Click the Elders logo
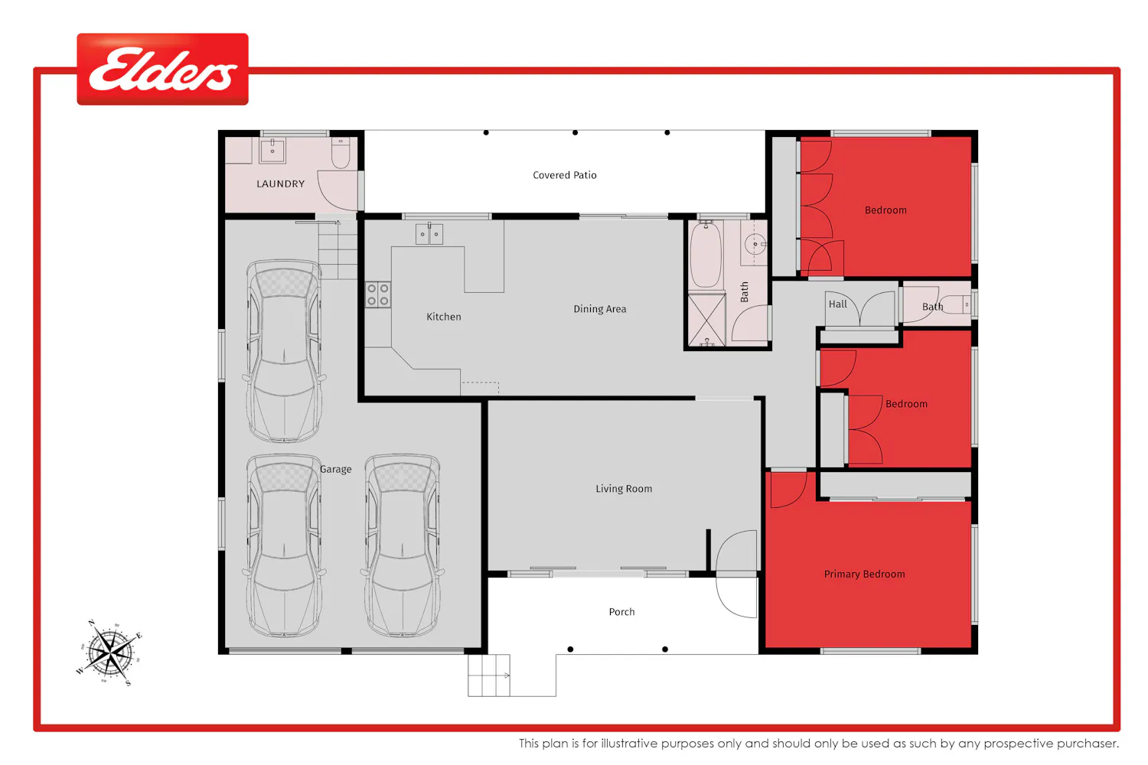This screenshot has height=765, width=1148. click(x=162, y=69)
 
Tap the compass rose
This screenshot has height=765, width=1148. click(x=109, y=653)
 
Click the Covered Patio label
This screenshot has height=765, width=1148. click(x=565, y=175)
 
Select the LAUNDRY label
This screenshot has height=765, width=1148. click(x=280, y=184)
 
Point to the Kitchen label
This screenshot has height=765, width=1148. click(x=444, y=317)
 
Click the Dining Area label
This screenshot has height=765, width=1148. click(x=599, y=309)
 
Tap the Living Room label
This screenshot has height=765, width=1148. click(x=624, y=489)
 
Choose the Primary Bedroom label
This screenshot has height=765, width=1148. click(x=865, y=575)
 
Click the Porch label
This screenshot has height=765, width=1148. click(x=621, y=612)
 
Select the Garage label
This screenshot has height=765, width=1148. click(x=336, y=470)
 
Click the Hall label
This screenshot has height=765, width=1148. click(x=838, y=304)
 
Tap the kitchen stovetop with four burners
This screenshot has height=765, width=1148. click(x=378, y=295)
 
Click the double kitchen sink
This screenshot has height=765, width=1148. click(x=429, y=234)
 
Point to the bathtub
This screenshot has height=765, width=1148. click(x=705, y=256)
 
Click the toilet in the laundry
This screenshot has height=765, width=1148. click(x=341, y=153)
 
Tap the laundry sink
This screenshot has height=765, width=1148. click(x=272, y=151)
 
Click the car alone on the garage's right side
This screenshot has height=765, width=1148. click(x=403, y=545)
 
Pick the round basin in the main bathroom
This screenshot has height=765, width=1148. click(x=755, y=244)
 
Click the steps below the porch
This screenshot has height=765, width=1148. click(x=488, y=675)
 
